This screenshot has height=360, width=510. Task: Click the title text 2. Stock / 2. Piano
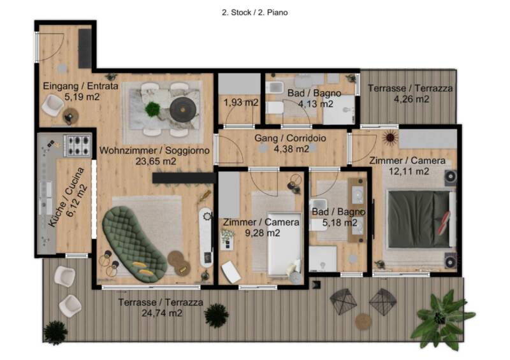[x=254, y=13]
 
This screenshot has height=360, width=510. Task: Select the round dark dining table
[x=183, y=109]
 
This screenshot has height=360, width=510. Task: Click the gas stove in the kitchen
[x=78, y=145]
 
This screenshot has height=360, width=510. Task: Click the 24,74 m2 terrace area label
[x=162, y=313]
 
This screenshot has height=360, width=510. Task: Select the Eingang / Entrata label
[x=81, y=86]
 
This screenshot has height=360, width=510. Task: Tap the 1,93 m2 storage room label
[x=241, y=103]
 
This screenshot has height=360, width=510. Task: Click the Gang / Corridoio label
[x=290, y=138]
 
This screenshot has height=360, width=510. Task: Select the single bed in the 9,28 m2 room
[x=284, y=244]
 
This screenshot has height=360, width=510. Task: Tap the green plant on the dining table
[x=152, y=109]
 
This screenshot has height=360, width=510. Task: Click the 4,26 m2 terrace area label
[x=411, y=99]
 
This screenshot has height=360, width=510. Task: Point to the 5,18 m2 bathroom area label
[x=340, y=223]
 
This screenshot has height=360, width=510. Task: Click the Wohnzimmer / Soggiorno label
[x=154, y=150]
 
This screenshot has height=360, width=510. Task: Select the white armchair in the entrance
[x=52, y=104]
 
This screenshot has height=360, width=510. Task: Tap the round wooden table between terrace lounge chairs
[x=363, y=321]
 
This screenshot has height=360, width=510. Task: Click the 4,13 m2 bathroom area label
[x=316, y=104]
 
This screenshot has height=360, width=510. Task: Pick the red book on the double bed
[x=444, y=223]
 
